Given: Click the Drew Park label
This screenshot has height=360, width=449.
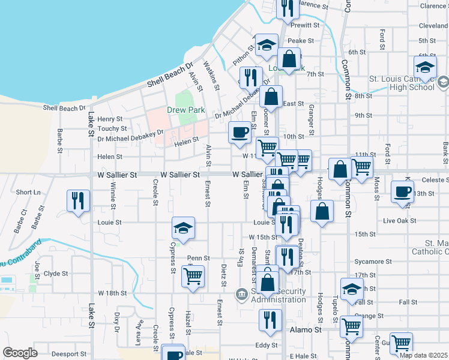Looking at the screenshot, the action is (185, 110).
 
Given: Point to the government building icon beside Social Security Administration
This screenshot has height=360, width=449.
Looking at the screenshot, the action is (241, 293).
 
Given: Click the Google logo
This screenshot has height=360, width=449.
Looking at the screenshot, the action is (20, 353).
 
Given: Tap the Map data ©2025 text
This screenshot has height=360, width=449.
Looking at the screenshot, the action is (424, 355).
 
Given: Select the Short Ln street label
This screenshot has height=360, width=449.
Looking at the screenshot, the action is (28, 192).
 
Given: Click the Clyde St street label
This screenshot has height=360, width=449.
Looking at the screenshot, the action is (56, 273).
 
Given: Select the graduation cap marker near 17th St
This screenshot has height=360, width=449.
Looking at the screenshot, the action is (352, 289).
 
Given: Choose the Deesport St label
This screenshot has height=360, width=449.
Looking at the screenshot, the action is (65, 354).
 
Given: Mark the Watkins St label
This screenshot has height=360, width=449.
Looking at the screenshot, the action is (211, 75).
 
